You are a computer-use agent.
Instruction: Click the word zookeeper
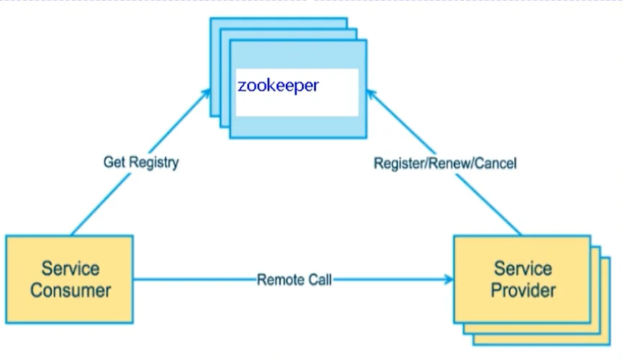[278, 86]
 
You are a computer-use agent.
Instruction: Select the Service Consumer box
[70, 279]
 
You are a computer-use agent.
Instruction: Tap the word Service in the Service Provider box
[523, 269]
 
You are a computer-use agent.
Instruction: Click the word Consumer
[71, 290]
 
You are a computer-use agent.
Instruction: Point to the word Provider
[523, 290]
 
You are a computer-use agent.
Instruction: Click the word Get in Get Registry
[115, 162]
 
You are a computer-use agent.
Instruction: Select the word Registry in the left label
[154, 163]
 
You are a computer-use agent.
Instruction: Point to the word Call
[320, 280]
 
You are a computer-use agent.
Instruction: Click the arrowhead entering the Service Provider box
[449, 279]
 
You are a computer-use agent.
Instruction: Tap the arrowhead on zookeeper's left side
[206, 94]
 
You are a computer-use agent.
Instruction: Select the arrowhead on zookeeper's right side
[371, 94]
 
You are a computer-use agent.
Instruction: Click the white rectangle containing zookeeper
[297, 93]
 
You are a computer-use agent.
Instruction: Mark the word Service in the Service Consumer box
[71, 269]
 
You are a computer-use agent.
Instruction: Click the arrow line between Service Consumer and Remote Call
[195, 279]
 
